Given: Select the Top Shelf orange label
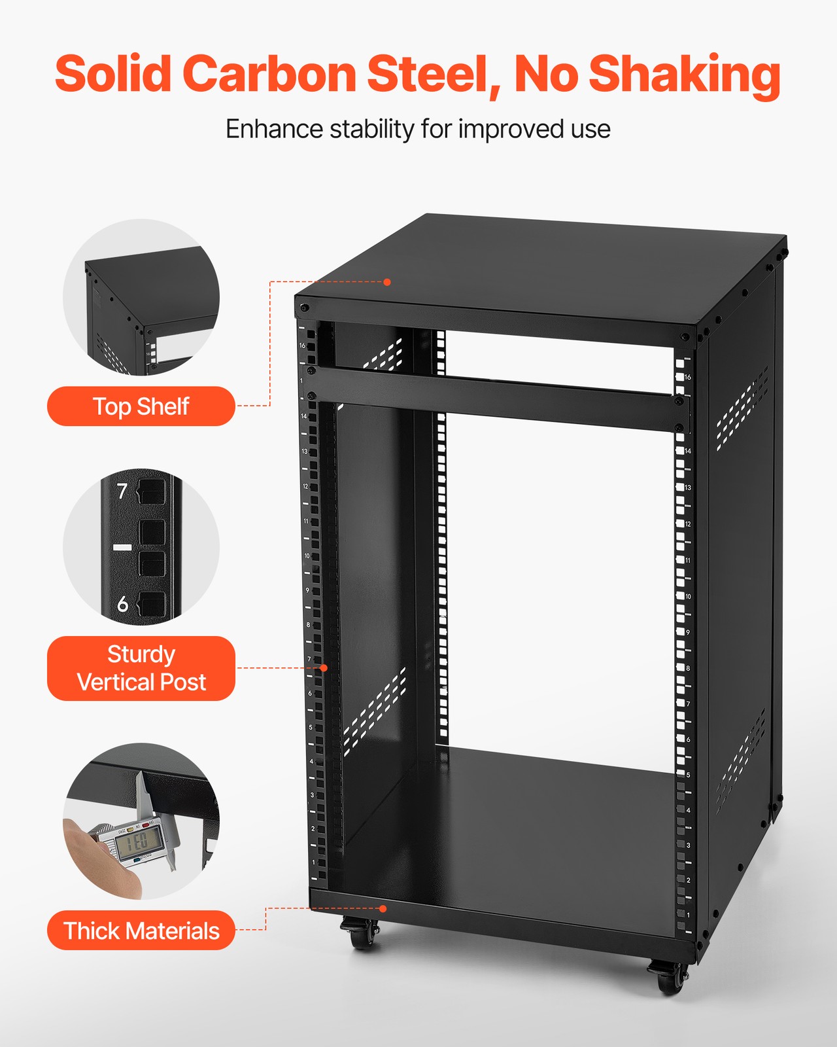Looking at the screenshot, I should pos(141,406).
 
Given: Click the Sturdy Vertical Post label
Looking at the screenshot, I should pos(141,668).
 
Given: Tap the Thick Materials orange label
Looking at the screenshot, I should pos(141,931).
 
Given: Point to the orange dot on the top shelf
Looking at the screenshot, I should pos(387,282).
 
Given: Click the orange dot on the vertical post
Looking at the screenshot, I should pos(324,668).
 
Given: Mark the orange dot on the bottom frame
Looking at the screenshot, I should pos(383,908).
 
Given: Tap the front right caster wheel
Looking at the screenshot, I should pos(668,979).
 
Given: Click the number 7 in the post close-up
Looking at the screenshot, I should pos(122,491).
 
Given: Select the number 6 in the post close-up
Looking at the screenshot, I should pos(122,603).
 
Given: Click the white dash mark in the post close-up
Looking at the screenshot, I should pos(122,547).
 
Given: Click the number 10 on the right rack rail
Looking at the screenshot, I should pos(688,597).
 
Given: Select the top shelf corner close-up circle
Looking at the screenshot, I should pos(141,298).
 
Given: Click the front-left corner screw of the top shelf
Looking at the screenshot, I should pos(303,307).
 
